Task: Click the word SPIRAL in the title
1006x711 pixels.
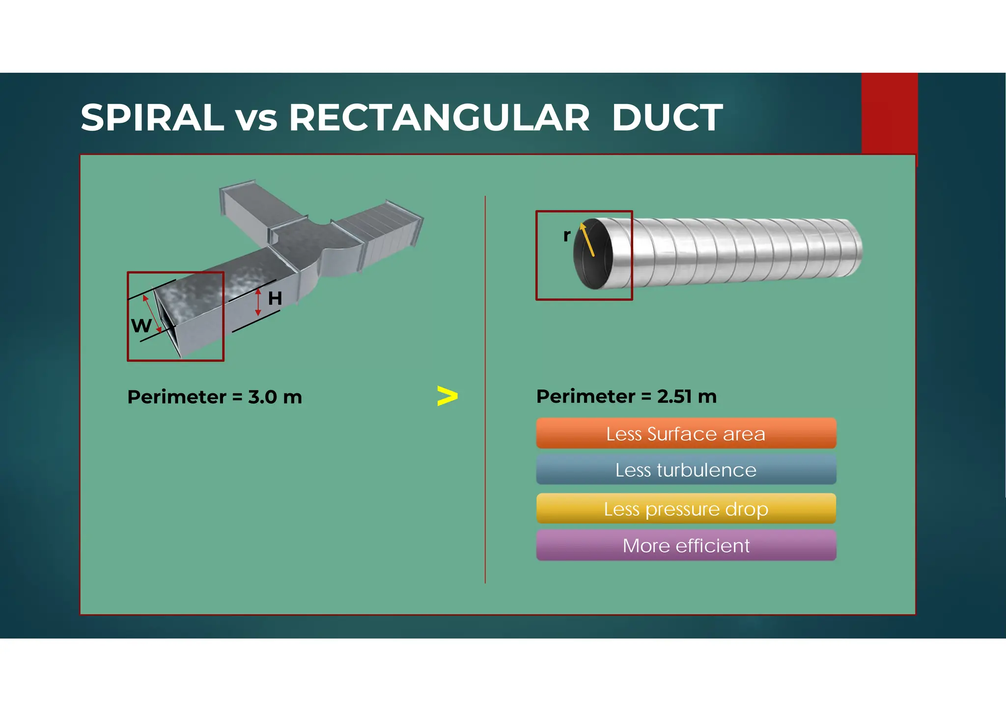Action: (152, 118)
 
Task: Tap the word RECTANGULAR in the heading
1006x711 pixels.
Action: (439, 118)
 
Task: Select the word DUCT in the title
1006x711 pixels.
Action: (667, 118)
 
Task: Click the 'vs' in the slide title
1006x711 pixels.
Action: (256, 119)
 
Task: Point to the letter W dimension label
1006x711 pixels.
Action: (141, 326)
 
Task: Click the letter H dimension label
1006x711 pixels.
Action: (275, 299)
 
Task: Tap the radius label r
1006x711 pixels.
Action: (567, 236)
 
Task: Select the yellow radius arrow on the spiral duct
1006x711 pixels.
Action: (587, 240)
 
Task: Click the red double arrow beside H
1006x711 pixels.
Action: (258, 302)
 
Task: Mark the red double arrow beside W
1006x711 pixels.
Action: (152, 314)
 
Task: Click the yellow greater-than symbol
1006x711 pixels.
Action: (447, 396)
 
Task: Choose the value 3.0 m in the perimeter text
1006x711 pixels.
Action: (275, 397)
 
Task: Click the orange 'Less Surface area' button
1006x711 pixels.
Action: (686, 434)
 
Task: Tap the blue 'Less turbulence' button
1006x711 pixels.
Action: (686, 470)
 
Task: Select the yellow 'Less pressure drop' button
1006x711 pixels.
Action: (686, 509)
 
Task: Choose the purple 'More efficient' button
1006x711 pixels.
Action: (686, 546)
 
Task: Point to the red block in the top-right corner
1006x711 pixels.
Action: (889, 113)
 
